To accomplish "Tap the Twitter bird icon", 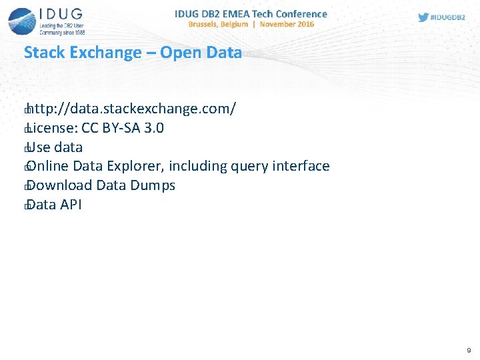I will tap(423, 18).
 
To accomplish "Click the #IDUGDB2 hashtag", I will tap(447, 18).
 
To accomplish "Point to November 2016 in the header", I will tap(287, 24).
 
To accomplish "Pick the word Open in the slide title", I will tap(179, 53).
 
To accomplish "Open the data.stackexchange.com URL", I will tap(131, 109).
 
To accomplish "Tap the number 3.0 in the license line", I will tap(155, 128).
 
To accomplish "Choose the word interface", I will tap(303, 166).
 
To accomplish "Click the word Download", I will tap(60, 185).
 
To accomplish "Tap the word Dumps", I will tap(154, 185).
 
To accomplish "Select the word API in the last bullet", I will tap(71, 205).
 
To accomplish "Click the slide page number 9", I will tap(469, 350).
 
